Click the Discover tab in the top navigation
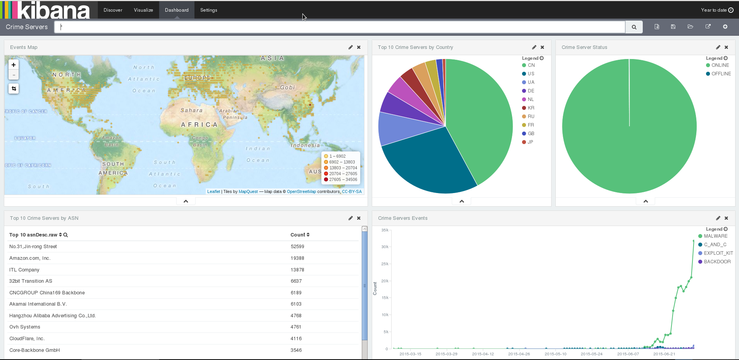tap(113, 10)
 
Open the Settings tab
tap(208, 10)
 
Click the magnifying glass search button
tap(634, 27)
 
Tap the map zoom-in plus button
tap(14, 65)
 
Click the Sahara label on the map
tap(191, 110)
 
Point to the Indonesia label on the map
tap(305, 145)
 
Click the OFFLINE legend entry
tap(718, 74)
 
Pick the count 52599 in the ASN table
tap(297, 247)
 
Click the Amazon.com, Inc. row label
tap(30, 258)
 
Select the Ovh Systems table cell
tap(25, 327)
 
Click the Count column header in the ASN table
tap(300, 235)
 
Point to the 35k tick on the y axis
tap(385, 230)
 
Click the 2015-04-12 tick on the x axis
tap(483, 354)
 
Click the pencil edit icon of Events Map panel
tap(350, 47)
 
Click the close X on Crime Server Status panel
tap(726, 47)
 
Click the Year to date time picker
tap(717, 10)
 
